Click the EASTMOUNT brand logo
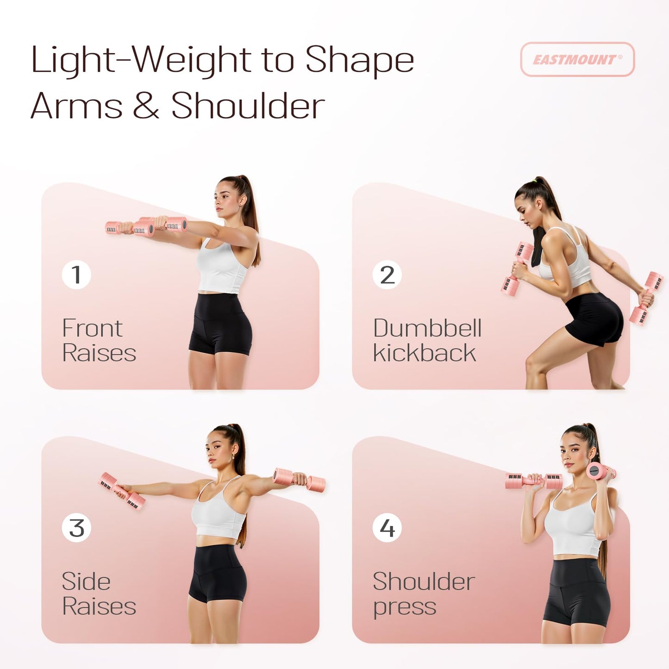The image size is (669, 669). (x=577, y=59)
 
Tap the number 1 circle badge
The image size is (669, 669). (x=76, y=275)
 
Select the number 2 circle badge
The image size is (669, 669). (x=387, y=275)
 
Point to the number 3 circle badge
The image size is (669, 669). (x=76, y=528)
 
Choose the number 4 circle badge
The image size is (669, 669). (x=387, y=528)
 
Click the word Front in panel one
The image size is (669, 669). (x=92, y=328)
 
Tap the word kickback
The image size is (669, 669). (x=424, y=353)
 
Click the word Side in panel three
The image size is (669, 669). (x=86, y=581)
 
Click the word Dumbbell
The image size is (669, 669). (x=427, y=328)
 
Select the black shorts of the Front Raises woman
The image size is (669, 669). (x=220, y=324)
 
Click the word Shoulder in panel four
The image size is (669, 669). (x=424, y=581)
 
